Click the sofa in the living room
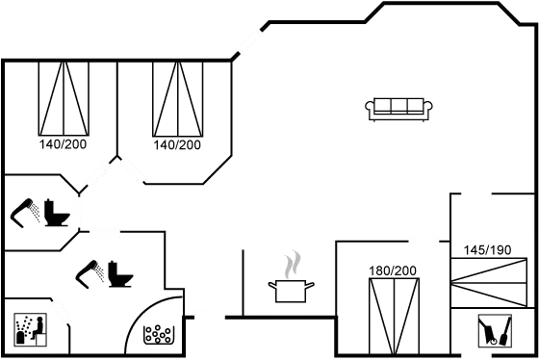click(398, 108)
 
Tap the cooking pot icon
click(291, 290)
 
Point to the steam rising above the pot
click(293, 263)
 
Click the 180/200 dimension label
click(393, 270)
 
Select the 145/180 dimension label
click(486, 250)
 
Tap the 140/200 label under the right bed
click(177, 144)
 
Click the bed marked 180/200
click(395, 313)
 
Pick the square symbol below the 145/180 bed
click(494, 331)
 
